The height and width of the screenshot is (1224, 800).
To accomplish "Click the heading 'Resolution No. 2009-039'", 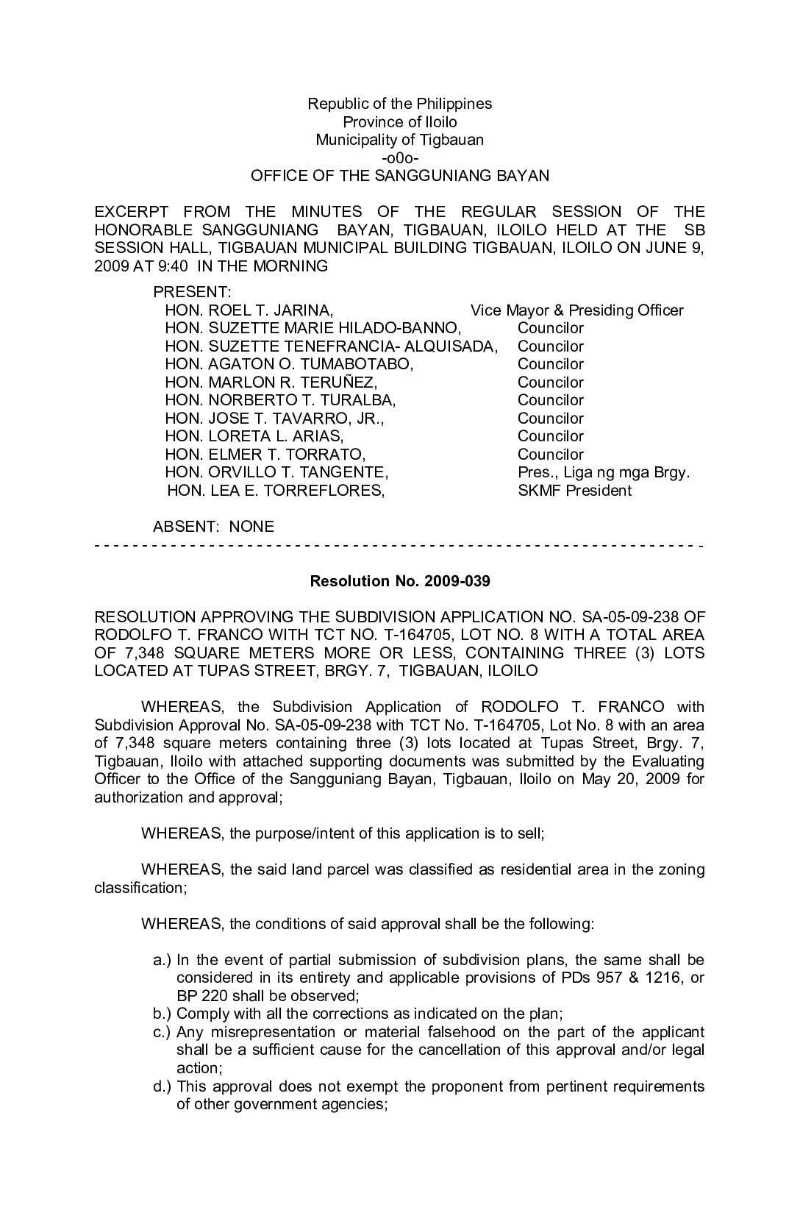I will click(x=400, y=581).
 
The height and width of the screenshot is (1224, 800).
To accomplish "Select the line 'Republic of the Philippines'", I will click(x=400, y=104).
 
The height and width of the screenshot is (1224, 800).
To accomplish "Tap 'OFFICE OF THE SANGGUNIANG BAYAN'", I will click(x=400, y=176).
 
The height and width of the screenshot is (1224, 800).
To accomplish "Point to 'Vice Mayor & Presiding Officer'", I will click(x=577, y=310).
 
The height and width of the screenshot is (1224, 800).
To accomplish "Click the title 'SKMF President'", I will click(x=574, y=491).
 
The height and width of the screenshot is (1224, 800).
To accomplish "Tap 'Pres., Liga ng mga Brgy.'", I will click(x=604, y=472).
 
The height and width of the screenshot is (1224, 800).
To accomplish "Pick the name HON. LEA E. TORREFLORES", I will click(x=276, y=491).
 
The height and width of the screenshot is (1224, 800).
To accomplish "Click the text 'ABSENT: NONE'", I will click(x=213, y=527).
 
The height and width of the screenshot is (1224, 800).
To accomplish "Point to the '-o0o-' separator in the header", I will click(x=400, y=158).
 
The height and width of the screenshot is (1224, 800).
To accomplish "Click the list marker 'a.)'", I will click(x=162, y=960).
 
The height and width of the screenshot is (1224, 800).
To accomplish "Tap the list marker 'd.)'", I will click(x=162, y=1086).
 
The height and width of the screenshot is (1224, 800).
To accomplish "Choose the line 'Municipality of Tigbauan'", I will click(x=400, y=140).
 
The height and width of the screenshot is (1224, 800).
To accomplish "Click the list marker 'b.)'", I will click(x=162, y=1014).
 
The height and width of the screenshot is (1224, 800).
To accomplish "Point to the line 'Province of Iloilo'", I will click(x=400, y=122).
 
